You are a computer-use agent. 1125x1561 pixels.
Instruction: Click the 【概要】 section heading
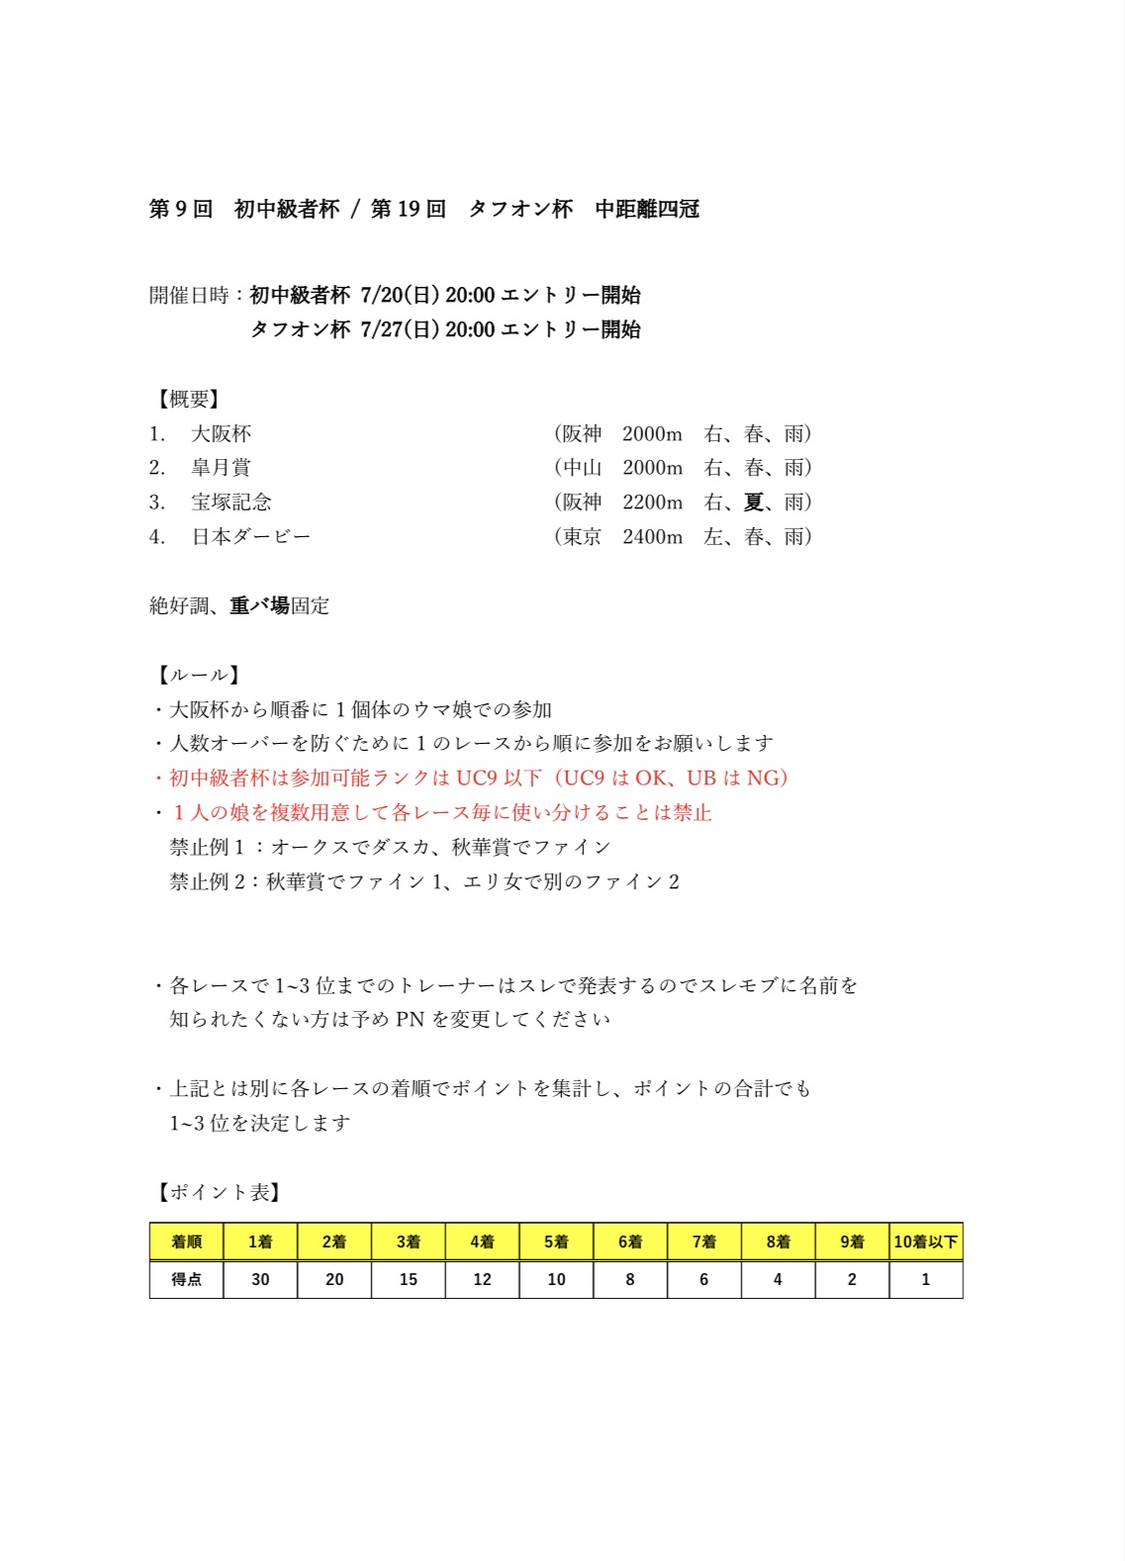pyautogui.click(x=187, y=399)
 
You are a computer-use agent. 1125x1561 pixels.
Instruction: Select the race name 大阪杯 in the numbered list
pyautogui.click(x=221, y=433)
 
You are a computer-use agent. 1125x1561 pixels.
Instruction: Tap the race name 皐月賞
pyautogui.click(x=221, y=467)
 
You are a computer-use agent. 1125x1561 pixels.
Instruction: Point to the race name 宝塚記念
pyautogui.click(x=231, y=502)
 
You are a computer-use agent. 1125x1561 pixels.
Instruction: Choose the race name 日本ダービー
pyautogui.click(x=250, y=536)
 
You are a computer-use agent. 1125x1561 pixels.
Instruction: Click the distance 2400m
pyautogui.click(x=652, y=536)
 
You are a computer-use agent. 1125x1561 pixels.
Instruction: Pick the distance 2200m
pyautogui.click(x=652, y=502)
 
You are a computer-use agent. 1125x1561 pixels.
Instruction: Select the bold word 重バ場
pyautogui.click(x=259, y=605)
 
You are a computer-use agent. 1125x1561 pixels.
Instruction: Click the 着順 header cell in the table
pyautogui.click(x=186, y=1241)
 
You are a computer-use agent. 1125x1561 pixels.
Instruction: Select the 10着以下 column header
pyautogui.click(x=925, y=1241)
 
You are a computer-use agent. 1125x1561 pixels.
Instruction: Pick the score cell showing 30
pyautogui.click(x=260, y=1279)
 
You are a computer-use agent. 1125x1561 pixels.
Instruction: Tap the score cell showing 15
pyautogui.click(x=408, y=1279)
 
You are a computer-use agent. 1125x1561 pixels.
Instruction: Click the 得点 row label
pyautogui.click(x=186, y=1279)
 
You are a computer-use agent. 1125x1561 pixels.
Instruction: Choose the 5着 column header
pyautogui.click(x=556, y=1241)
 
